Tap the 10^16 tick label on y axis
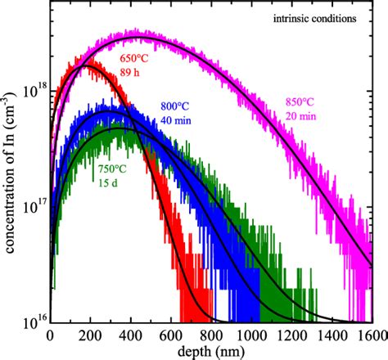click(33, 323)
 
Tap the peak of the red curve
click(85, 66)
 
